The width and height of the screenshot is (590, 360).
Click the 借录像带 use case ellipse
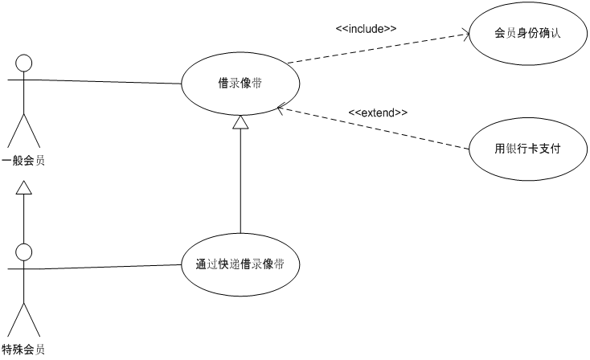(x=240, y=84)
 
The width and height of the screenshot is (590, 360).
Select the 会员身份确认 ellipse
(x=527, y=35)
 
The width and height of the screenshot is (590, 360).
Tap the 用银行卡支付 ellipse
(x=527, y=149)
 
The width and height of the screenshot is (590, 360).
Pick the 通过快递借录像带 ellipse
(x=240, y=264)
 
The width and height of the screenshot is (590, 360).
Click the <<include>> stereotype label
(x=366, y=29)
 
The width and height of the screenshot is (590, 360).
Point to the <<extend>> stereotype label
(x=378, y=112)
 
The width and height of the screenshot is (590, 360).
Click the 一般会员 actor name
(x=23, y=160)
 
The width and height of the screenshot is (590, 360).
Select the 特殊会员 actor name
(x=23, y=350)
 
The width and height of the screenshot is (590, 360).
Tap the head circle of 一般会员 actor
(x=24, y=63)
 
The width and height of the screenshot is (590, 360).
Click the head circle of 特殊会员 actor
(x=24, y=253)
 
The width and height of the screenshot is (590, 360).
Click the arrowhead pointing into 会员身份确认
(x=465, y=35)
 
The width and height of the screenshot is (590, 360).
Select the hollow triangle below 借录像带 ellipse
(x=240, y=122)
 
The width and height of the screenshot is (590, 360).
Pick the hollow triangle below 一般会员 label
(x=24, y=188)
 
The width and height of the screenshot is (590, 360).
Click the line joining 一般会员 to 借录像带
(x=104, y=81)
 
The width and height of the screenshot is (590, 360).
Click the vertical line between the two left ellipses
(x=240, y=185)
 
